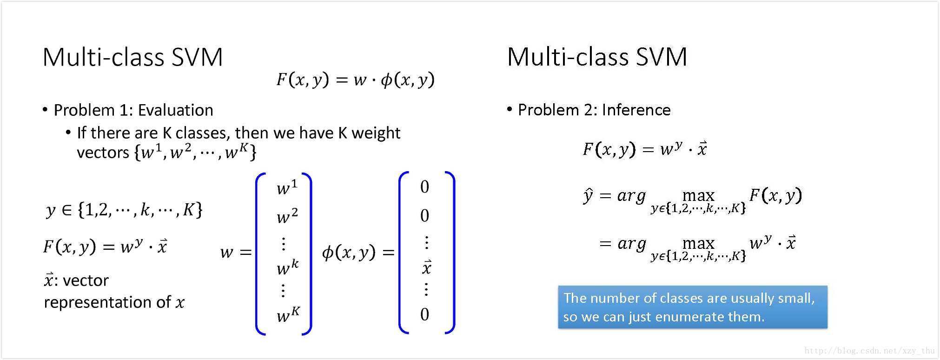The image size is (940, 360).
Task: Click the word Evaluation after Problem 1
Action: pos(175,110)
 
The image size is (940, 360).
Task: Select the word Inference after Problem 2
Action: pos(636,110)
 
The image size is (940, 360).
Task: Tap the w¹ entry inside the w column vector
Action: pos(286,187)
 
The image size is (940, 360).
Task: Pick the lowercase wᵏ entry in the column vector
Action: pos(287,267)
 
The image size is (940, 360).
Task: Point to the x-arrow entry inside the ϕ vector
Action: pos(426,267)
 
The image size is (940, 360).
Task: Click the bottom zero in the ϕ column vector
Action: pos(424,314)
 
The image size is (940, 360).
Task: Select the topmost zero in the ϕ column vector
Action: pos(424,187)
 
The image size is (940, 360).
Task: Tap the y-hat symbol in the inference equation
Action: pos(588,195)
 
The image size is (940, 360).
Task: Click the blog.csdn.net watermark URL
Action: pos(869,351)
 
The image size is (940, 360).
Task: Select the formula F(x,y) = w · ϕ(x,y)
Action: pos(355,80)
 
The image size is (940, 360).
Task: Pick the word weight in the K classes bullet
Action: pos(376,133)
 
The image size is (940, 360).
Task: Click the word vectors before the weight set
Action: pos(103,153)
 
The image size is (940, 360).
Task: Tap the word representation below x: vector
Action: pos(98,302)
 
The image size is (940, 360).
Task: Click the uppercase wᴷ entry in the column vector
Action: pos(288,315)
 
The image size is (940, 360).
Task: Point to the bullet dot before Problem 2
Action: pos(510,109)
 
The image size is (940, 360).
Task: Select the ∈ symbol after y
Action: pos(67,210)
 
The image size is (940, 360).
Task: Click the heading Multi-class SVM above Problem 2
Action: pos(597,57)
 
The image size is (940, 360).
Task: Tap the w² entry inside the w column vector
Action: pos(287,216)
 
